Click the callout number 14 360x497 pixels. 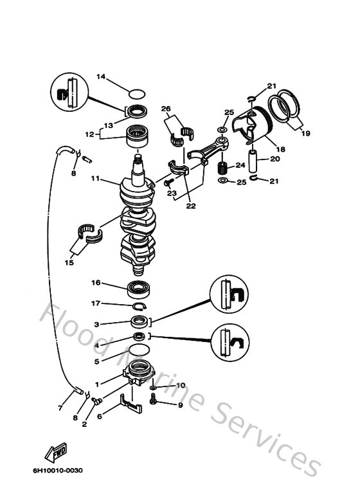click(100, 77)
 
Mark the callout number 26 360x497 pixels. click(165, 109)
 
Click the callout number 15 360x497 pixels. click(69, 262)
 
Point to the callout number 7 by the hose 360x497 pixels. click(60, 408)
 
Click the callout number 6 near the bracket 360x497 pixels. click(99, 416)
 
